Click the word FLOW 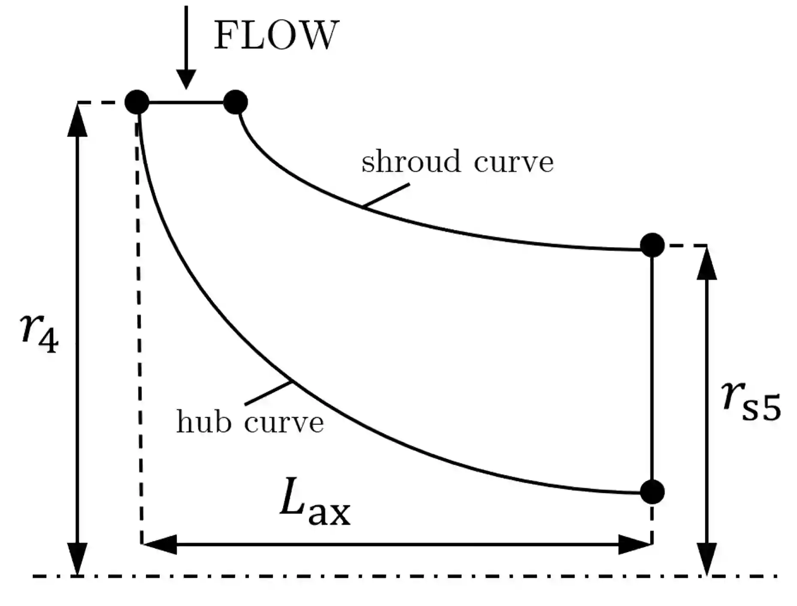(276, 35)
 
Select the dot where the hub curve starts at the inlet (137, 102)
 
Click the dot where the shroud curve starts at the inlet (235, 102)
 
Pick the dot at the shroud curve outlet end (652, 245)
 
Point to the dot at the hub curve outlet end (652, 492)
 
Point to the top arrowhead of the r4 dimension (77, 120)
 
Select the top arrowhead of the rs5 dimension (706, 263)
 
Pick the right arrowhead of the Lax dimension (634, 544)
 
